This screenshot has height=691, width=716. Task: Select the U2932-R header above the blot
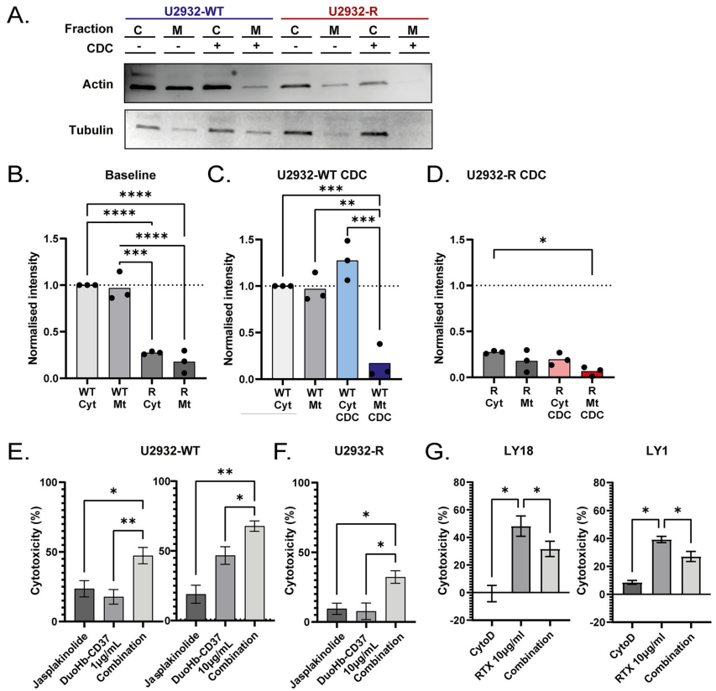point(353,9)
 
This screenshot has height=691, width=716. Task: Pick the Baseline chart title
point(128,178)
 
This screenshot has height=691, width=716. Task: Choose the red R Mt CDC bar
point(593,373)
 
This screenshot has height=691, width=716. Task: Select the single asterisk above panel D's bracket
point(542,240)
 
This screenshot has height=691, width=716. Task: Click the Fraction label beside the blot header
point(89,29)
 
